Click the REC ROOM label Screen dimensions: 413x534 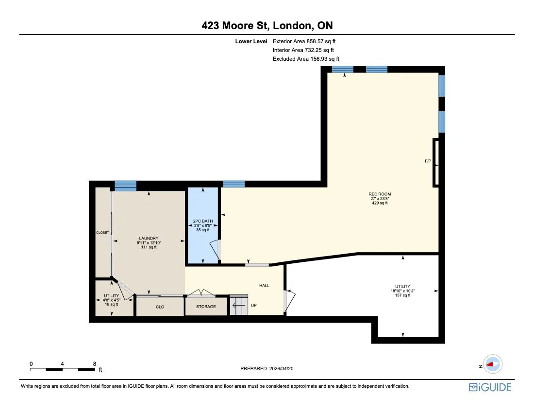[x=380, y=194]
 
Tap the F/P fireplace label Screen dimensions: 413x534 [x=428, y=161]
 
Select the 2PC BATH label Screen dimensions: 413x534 [x=203, y=221]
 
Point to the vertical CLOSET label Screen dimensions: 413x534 [x=102, y=233]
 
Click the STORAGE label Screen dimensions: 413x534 [x=206, y=307]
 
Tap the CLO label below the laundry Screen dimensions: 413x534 [x=160, y=307]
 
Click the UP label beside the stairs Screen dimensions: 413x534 [x=254, y=306]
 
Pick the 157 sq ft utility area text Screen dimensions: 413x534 [x=402, y=295]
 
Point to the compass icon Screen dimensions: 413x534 [x=492, y=364]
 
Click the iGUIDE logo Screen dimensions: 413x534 [x=490, y=387]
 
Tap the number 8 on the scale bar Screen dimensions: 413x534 [x=94, y=363]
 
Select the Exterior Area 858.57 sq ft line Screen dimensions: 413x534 [x=304, y=41]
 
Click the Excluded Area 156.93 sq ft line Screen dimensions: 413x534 [x=305, y=59]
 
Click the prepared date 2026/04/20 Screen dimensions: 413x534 [x=267, y=369]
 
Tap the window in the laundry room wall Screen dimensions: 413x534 [x=125, y=186]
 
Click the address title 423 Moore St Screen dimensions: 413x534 [x=267, y=26]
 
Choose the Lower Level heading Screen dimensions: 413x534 [x=251, y=41]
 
